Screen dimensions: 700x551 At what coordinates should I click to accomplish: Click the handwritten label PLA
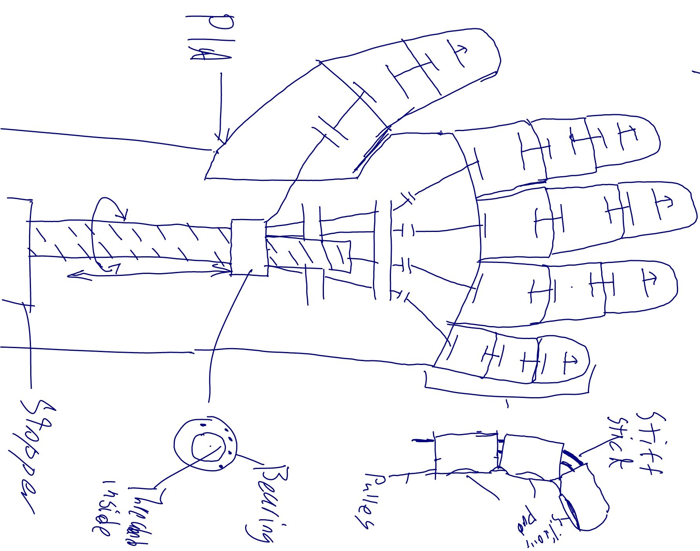pos(210,37)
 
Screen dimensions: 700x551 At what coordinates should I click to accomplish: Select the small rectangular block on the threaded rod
pos(249,247)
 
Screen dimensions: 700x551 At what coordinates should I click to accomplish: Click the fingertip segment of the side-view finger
pos(586,498)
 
